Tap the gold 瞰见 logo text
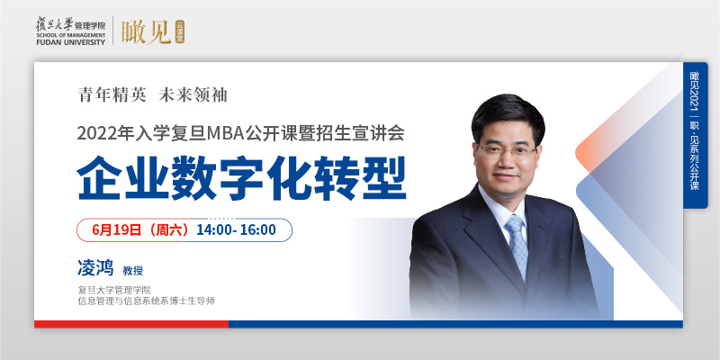[x=146, y=31]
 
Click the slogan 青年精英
[x=112, y=94]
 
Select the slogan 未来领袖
[x=193, y=94]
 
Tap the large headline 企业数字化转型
[x=242, y=177]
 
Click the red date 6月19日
[x=117, y=229]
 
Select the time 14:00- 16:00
[x=237, y=229]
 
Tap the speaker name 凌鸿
[x=95, y=267]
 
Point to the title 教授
[x=132, y=271]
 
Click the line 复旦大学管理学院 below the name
[x=114, y=290]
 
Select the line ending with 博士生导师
[x=147, y=301]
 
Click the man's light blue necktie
[x=518, y=246]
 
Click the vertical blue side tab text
[x=694, y=131]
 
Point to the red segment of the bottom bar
[x=131, y=324]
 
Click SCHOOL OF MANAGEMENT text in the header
[x=71, y=35]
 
